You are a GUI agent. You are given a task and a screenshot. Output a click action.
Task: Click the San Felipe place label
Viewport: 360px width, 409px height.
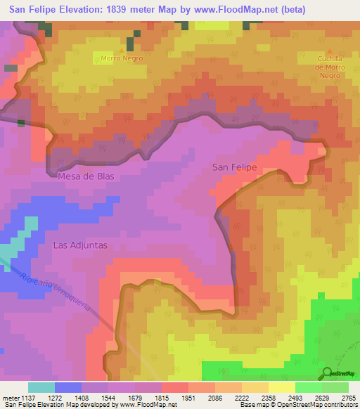234,167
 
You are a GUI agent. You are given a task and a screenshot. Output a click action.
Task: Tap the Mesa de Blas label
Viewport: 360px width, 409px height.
87,176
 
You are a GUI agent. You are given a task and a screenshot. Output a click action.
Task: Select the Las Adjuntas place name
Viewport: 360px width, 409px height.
80,245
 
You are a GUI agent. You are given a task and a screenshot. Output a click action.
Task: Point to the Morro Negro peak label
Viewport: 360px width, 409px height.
122,58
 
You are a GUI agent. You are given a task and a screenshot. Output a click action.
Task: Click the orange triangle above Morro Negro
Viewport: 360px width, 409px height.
122,51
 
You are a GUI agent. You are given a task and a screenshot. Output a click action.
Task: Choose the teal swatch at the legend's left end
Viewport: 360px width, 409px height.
41,387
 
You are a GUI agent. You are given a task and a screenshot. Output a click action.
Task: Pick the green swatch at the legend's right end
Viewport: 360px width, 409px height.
335,387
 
